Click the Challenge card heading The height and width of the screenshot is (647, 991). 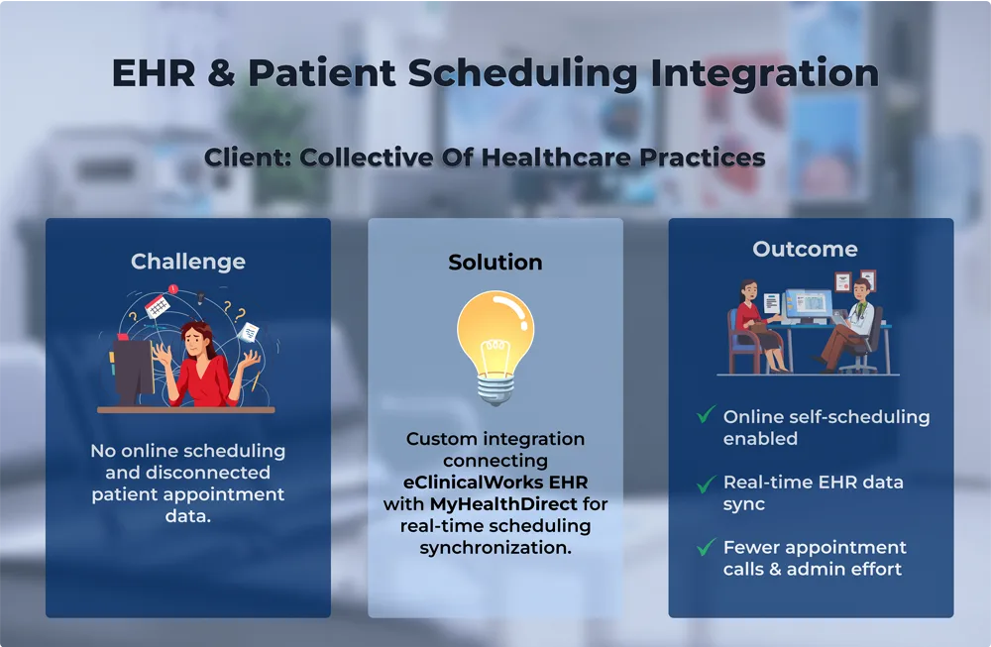[x=187, y=262]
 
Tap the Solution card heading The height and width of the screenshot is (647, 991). [x=495, y=263]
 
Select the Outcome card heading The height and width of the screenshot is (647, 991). [x=805, y=249]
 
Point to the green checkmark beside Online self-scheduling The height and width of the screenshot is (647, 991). [x=706, y=414]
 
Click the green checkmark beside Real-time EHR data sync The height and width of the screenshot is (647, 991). [x=706, y=484]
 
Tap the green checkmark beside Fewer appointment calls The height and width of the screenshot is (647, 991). [x=706, y=547]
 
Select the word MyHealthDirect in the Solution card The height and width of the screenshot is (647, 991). [x=503, y=504]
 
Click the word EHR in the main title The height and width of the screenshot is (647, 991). [x=154, y=72]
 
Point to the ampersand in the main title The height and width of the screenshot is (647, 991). [x=221, y=72]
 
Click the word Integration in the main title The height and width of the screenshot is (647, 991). [x=765, y=74]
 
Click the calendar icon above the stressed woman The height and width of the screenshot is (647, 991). [x=158, y=307]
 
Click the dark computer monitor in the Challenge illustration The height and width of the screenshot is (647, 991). [x=133, y=370]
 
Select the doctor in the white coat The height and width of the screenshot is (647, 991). [x=850, y=326]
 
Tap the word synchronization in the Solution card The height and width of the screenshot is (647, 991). [x=495, y=548]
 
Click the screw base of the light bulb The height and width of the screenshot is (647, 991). [x=495, y=389]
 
